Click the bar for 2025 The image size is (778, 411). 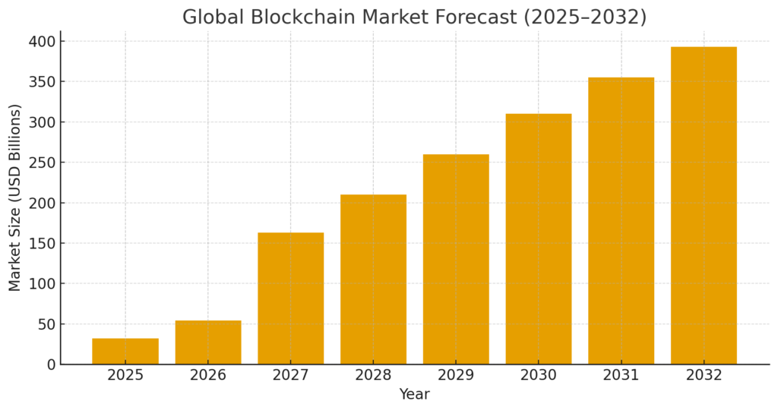(125, 351)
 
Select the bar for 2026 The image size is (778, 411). (208, 343)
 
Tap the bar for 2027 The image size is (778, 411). (290, 299)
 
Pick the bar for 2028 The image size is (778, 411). (373, 280)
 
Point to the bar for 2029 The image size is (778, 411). (456, 259)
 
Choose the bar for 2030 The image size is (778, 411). (539, 239)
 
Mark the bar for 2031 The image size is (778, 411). (621, 221)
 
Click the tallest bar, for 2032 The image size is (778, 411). (704, 206)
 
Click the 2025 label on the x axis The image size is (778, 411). (125, 375)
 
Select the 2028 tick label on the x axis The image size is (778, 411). (373, 375)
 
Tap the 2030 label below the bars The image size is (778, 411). (539, 375)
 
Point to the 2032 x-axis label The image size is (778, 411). (704, 375)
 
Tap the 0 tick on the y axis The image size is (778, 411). (51, 365)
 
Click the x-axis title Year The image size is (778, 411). (414, 394)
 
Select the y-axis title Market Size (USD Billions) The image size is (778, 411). (15, 198)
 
